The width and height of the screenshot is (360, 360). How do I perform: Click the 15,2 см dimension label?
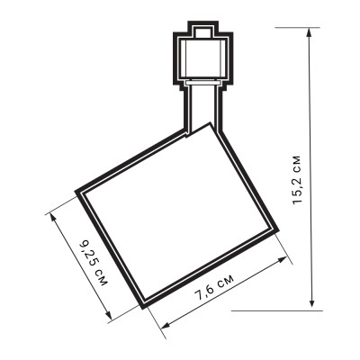click(297, 180)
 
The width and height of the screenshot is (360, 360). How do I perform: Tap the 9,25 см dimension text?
click(93, 263)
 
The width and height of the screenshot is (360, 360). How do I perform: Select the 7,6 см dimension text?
click(215, 286)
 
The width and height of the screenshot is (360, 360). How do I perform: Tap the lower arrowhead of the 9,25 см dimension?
click(109, 315)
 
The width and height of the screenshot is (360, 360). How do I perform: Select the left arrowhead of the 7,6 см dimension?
click(166, 324)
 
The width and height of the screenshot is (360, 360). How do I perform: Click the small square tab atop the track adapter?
click(203, 31)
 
